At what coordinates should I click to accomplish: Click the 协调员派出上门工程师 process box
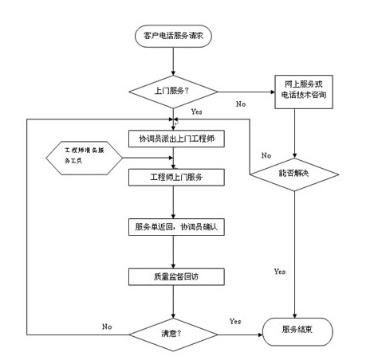[172, 140]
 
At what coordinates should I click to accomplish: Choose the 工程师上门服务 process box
[172, 176]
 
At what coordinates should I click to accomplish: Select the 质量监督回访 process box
[172, 276]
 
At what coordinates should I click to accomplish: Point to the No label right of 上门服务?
[240, 104]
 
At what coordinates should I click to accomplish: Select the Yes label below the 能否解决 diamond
[279, 272]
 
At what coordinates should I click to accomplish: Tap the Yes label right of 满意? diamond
[235, 320]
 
